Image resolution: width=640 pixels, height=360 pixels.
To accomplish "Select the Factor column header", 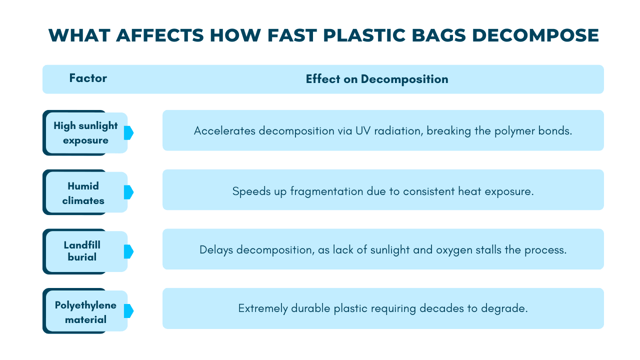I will [88, 78].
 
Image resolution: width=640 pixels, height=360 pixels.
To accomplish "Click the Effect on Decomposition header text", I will [377, 79].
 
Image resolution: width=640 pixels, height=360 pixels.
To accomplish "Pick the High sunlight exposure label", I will [85, 133].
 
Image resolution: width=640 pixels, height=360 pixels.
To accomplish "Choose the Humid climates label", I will [83, 193].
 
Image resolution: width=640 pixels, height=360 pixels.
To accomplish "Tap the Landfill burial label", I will [82, 251].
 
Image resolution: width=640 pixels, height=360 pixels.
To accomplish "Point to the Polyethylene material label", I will [85, 311].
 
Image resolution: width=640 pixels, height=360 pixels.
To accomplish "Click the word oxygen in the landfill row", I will [452, 249].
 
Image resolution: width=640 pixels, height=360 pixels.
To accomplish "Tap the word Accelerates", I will [224, 131].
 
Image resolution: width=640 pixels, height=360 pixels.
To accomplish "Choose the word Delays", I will [216, 249].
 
